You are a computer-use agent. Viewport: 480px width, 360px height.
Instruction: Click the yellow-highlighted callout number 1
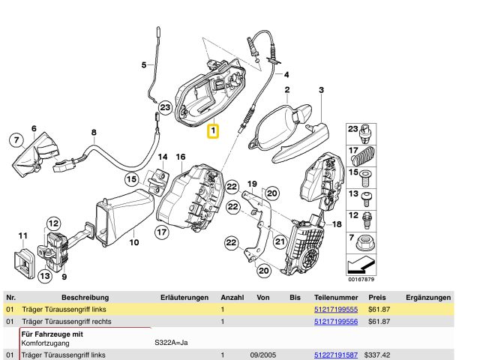[213, 133]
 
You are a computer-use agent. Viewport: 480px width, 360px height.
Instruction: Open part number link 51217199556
[335, 322]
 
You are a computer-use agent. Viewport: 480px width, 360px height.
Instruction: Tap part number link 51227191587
[335, 355]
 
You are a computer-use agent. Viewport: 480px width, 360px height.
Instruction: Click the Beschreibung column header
[85, 298]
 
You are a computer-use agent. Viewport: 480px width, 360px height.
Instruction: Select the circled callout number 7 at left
[15, 139]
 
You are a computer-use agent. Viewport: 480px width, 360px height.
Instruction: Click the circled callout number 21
[279, 241]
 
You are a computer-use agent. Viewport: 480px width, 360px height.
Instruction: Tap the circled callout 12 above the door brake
[53, 223]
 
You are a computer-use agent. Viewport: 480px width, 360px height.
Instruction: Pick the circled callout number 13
[45, 277]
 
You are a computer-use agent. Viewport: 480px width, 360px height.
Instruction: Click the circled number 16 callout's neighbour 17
[162, 232]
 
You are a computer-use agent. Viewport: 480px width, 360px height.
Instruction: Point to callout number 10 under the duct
[134, 242]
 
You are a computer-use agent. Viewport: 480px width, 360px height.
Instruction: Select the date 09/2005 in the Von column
[262, 355]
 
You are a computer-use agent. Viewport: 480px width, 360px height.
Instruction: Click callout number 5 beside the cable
[144, 65]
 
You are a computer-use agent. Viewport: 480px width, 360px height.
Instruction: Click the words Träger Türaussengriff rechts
[64, 322]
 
